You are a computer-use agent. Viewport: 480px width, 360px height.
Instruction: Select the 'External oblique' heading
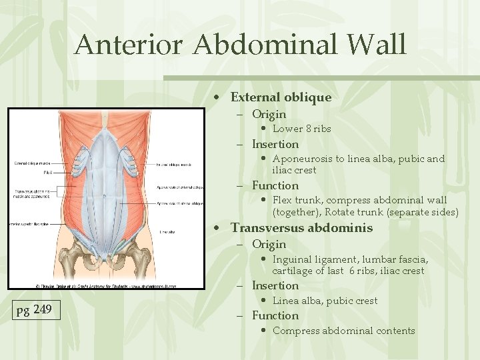pos(281,97)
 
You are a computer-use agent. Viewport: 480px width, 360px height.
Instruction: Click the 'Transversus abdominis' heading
pos(302,228)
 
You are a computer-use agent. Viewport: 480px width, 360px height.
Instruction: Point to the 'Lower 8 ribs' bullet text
pos(302,129)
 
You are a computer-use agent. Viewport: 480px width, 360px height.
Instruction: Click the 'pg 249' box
pos(33,310)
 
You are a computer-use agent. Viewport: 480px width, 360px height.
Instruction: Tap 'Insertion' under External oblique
pos(275,144)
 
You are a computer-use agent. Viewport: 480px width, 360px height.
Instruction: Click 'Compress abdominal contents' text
pos(343,331)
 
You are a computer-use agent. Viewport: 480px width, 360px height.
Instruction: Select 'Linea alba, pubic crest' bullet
pos(325,301)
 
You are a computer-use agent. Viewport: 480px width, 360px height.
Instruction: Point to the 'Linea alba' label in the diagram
pos(167,232)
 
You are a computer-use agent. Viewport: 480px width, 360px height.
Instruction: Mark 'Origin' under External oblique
pos(269,114)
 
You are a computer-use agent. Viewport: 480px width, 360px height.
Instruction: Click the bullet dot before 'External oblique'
pos(217,98)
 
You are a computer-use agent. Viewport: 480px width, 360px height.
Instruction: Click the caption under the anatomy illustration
pos(107,285)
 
